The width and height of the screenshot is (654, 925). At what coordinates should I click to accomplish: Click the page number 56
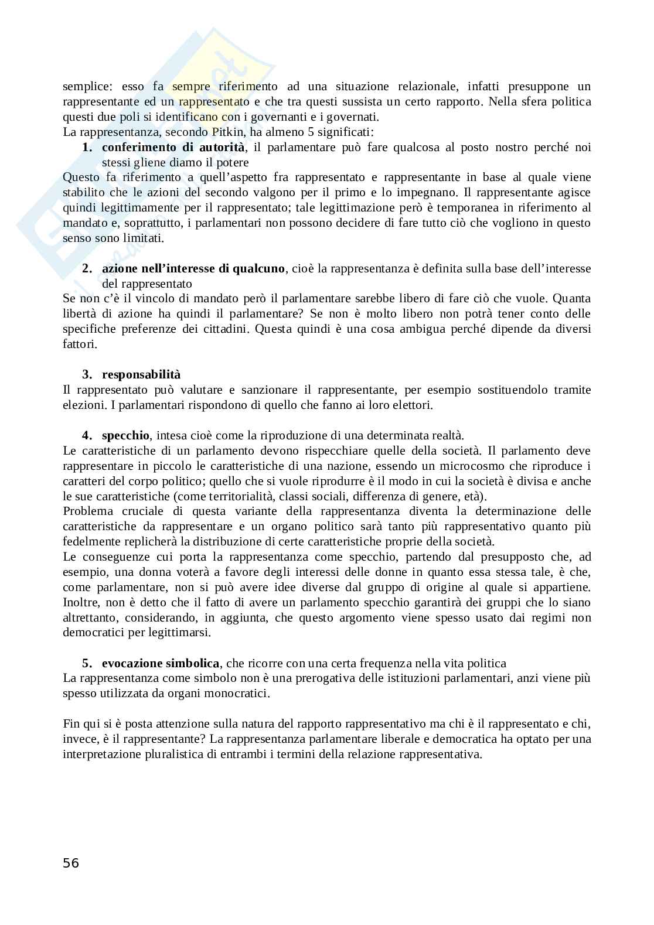(70, 862)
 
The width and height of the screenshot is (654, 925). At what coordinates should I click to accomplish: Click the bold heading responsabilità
(141, 374)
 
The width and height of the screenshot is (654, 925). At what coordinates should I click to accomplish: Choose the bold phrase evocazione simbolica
(161, 663)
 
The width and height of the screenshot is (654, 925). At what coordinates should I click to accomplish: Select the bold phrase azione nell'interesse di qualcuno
(193, 268)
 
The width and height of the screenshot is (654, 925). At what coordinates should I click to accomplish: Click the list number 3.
(87, 374)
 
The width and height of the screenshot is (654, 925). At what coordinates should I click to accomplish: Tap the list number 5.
(87, 663)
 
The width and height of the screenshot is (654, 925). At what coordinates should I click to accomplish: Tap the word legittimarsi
(179, 633)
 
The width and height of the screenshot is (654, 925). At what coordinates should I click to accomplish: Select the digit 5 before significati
(311, 132)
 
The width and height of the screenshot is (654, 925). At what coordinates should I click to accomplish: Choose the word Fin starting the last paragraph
(70, 723)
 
